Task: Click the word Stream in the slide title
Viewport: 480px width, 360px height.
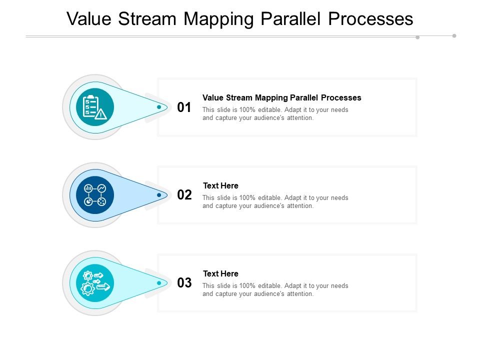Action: [148, 18]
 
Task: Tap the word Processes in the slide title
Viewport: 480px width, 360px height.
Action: [370, 18]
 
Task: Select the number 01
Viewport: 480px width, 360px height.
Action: [184, 107]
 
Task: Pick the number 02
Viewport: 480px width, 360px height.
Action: [184, 195]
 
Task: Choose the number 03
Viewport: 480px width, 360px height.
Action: [184, 283]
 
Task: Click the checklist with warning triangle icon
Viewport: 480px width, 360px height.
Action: [95, 107]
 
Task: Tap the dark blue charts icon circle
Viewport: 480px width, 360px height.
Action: [95, 195]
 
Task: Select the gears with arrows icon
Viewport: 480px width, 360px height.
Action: [95, 283]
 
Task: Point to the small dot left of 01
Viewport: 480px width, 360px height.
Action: [159, 107]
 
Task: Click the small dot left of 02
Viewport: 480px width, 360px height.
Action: [159, 195]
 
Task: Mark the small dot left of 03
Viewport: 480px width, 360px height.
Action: [159, 283]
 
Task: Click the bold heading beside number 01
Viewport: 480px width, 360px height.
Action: [281, 97]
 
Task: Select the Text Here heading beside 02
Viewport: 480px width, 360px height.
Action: [220, 185]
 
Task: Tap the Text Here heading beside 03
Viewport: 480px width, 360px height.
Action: [220, 273]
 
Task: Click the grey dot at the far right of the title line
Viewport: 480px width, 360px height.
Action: [454, 35]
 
